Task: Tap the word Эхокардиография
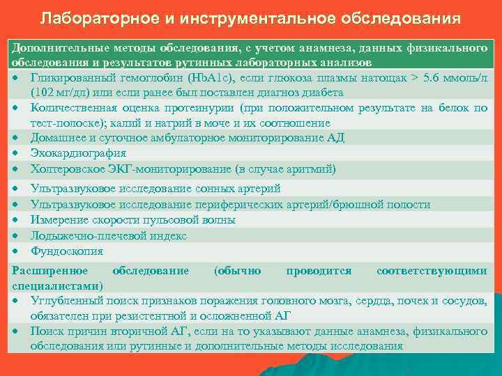[x=78, y=153]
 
